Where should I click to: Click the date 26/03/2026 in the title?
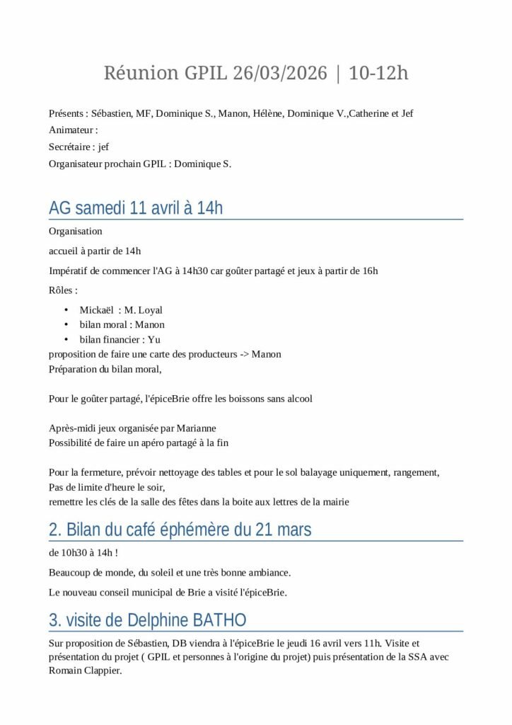(280, 73)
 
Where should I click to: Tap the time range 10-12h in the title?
(378, 73)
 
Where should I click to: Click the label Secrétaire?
(70, 147)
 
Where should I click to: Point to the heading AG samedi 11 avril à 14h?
(136, 208)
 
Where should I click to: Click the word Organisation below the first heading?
(76, 232)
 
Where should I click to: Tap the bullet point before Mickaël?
(66, 310)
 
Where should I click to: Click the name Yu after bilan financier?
(154, 340)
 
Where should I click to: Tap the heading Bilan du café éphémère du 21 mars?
(180, 530)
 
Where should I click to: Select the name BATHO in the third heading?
(219, 621)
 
